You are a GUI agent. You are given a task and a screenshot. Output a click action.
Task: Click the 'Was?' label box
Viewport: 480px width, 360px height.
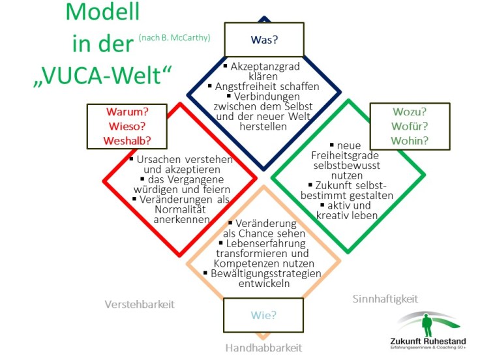[263, 40]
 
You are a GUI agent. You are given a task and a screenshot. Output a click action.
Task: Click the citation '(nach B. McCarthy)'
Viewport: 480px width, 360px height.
[174, 38]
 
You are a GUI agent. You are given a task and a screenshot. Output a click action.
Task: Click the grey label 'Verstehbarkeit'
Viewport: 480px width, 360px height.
[140, 304]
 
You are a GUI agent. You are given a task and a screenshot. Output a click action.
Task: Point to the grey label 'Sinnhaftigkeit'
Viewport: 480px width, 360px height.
[385, 299]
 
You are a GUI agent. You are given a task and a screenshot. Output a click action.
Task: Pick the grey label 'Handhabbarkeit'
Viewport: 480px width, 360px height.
[263, 347]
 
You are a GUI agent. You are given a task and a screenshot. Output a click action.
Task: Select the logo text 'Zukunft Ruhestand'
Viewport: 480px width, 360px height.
[428, 342]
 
